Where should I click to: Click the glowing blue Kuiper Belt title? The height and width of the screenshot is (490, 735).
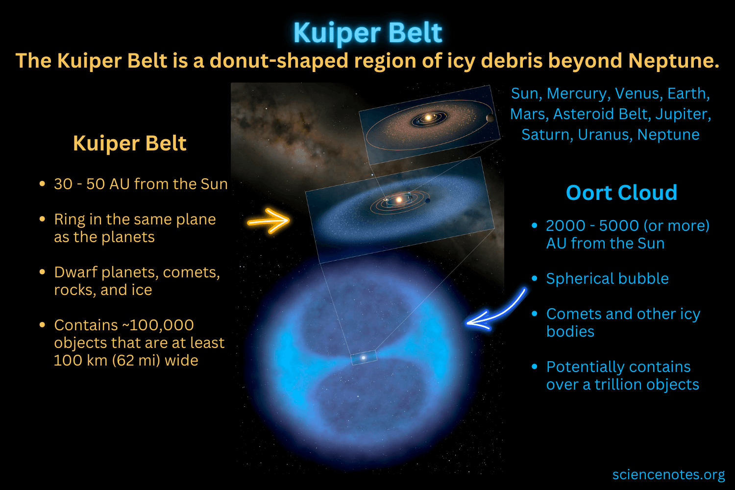click(x=367, y=33)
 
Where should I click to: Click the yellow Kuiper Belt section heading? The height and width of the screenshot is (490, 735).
click(x=129, y=144)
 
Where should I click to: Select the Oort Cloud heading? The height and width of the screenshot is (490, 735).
click(x=621, y=193)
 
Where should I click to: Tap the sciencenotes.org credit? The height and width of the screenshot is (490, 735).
click(x=668, y=474)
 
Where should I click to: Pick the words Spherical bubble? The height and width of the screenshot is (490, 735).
click(x=607, y=278)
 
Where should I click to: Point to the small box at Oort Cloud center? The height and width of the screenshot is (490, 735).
click(x=364, y=358)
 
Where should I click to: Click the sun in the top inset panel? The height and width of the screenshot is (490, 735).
click(x=428, y=118)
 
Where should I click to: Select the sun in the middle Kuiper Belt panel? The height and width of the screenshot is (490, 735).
click(x=399, y=199)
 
